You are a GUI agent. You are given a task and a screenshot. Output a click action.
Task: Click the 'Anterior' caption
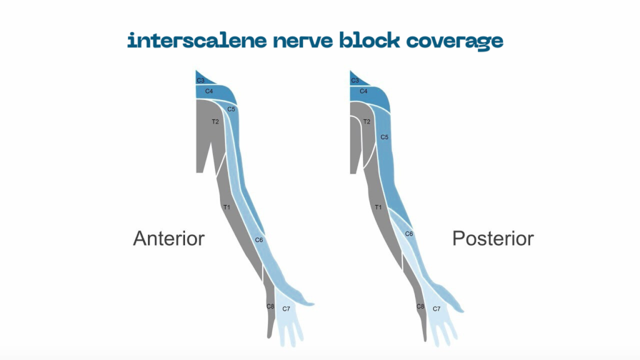point(169,238)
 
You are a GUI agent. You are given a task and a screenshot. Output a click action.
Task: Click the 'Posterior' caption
point(493,238)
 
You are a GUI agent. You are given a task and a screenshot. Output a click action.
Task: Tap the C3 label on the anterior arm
point(201,81)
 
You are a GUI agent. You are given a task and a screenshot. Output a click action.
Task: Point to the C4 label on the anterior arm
point(209,92)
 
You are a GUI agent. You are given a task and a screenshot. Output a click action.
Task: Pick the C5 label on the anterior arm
point(231,109)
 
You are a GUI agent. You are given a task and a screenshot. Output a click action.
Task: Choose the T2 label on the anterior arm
point(215,121)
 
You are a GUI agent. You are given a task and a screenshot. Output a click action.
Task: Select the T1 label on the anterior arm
point(227,206)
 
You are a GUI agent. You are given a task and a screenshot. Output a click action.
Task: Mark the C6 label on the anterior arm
point(259,239)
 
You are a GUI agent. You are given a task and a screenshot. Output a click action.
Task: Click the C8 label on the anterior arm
point(270,306)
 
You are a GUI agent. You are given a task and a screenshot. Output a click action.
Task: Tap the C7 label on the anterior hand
point(286,309)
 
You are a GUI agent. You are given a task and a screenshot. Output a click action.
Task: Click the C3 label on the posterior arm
point(355,81)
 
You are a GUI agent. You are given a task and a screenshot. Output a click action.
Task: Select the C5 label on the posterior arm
point(385,137)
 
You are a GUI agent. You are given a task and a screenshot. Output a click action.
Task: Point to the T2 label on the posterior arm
point(367,121)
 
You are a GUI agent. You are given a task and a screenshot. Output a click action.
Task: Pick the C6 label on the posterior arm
point(409,234)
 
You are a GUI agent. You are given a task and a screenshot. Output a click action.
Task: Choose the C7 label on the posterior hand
point(437,309)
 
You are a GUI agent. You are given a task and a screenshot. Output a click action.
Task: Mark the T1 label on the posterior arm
point(378,206)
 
